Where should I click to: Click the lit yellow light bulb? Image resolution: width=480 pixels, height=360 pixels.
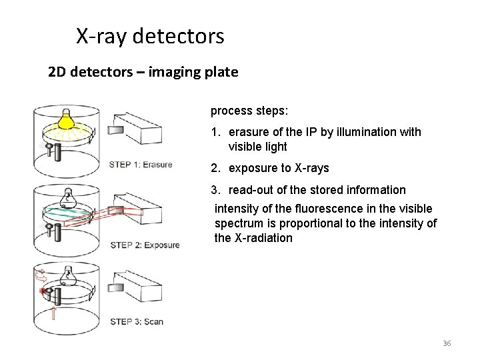66,119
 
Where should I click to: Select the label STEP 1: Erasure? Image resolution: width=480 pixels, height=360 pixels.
141,165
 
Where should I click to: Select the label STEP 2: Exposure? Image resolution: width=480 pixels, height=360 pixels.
145,245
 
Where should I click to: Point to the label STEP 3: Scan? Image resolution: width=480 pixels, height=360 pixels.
137,321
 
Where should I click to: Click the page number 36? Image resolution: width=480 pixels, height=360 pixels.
447,343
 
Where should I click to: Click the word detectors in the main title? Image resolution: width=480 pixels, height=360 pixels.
179,36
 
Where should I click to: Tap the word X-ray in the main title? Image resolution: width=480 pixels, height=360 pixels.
102,36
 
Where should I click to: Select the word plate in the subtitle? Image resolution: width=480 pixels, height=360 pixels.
221,71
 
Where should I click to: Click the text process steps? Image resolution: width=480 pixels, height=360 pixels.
241,111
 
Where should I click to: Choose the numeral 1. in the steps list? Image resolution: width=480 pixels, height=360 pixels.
216,132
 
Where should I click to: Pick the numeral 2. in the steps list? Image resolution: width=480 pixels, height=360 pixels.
216,168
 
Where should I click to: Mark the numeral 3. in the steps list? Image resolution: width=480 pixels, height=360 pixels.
216,190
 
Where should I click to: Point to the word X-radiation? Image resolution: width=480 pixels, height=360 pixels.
263,238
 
